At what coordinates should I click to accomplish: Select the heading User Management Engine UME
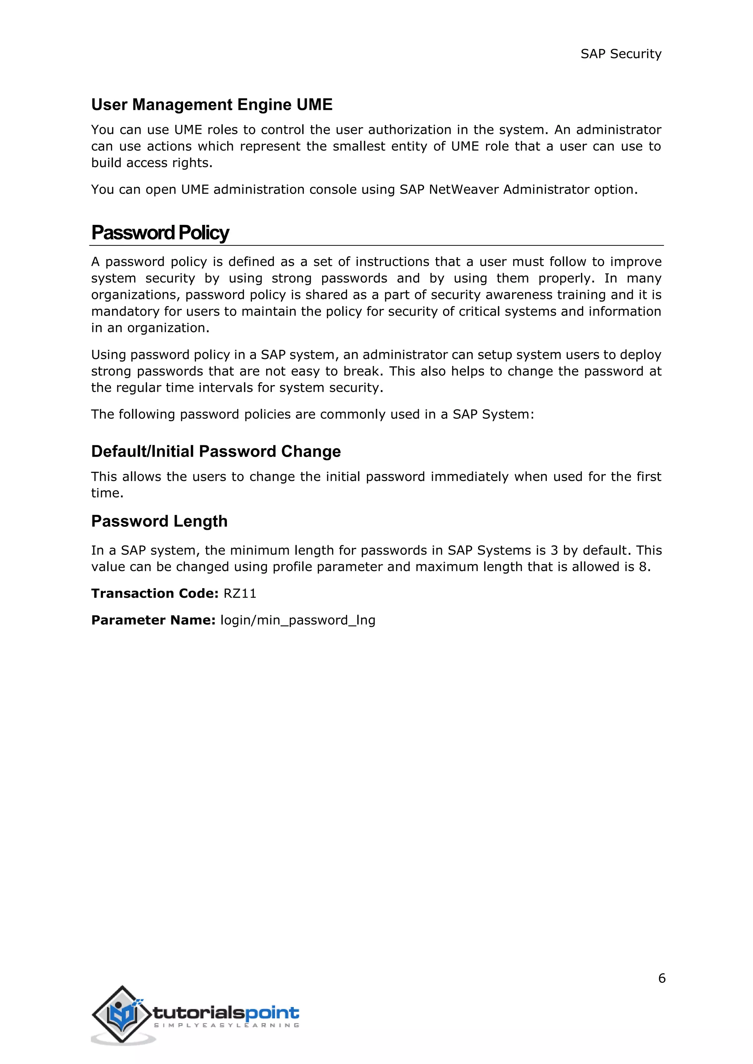(x=212, y=105)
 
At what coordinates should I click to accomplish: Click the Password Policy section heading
(x=160, y=233)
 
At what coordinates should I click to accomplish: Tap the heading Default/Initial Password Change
(x=215, y=452)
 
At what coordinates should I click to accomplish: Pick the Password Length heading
(x=159, y=521)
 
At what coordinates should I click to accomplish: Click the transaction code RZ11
(x=240, y=594)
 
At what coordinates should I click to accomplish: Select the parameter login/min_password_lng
(x=298, y=621)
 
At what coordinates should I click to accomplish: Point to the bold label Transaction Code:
(x=154, y=594)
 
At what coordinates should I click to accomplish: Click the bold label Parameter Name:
(x=153, y=621)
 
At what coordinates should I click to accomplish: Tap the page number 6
(x=662, y=978)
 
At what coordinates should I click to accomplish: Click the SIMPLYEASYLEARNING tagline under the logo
(x=226, y=1025)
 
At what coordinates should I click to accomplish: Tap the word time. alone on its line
(x=107, y=493)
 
